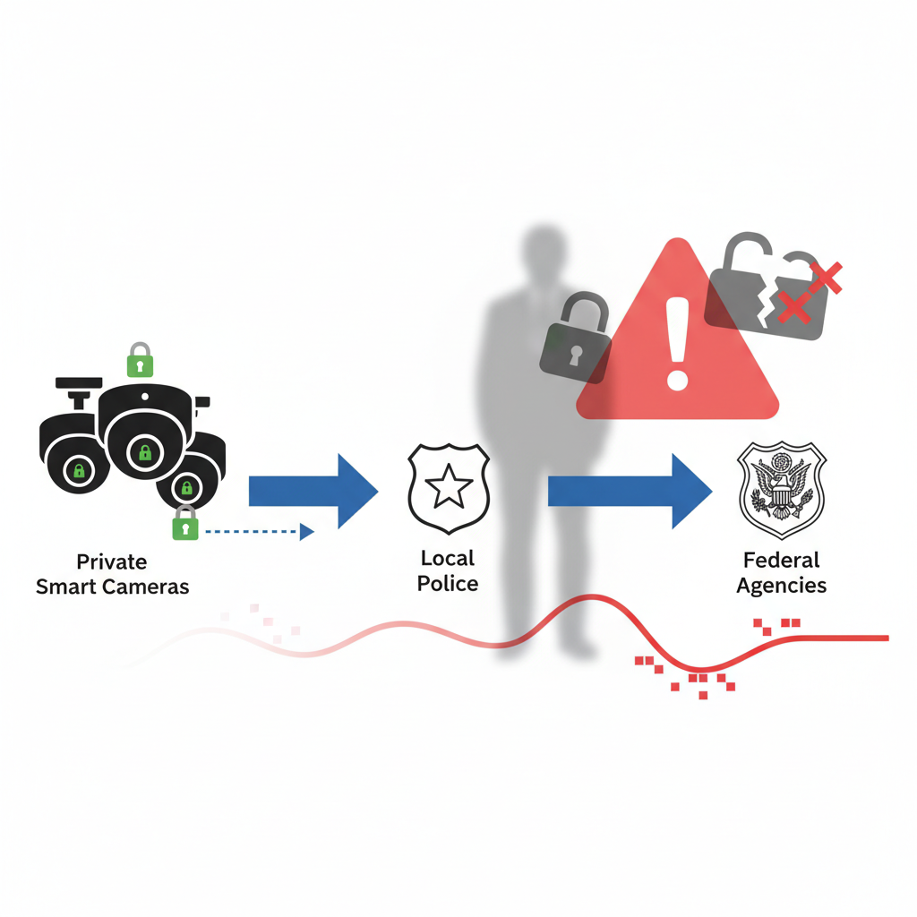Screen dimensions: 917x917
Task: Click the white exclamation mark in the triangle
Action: [677, 345]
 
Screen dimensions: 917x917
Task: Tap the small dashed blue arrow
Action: [260, 532]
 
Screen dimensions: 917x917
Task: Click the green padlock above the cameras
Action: [140, 360]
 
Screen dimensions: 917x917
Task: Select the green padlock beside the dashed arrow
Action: [184, 524]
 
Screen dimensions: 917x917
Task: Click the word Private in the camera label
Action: [112, 562]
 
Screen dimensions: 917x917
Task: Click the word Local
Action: [448, 559]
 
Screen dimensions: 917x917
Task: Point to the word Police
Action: [448, 584]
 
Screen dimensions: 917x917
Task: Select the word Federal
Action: [781, 561]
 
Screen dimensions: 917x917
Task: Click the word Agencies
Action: [781, 586]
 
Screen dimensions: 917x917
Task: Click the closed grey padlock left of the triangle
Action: [576, 336]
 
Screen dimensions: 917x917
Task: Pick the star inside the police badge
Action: [448, 489]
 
